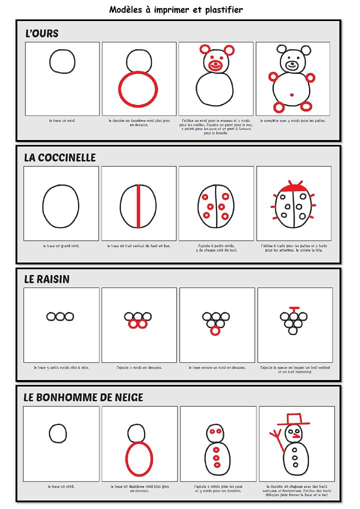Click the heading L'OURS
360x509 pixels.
pyautogui.click(x=42, y=33)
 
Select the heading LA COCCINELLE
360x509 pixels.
pyautogui.click(x=60, y=157)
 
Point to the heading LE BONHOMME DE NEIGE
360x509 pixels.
pyautogui.click(x=83, y=397)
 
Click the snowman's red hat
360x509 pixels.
pyautogui.click(x=290, y=419)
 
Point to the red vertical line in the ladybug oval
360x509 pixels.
pyautogui.click(x=138, y=206)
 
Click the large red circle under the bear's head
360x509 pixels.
pyautogui.click(x=136, y=89)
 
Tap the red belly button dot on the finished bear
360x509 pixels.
pyautogui.click(x=292, y=94)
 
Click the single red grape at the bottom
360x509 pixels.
pyautogui.click(x=216, y=330)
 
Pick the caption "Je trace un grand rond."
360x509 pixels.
pyautogui.click(x=61, y=246)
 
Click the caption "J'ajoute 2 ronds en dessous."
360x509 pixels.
pyautogui.click(x=139, y=367)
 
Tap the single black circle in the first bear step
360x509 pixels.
pyautogui.click(x=62, y=61)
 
